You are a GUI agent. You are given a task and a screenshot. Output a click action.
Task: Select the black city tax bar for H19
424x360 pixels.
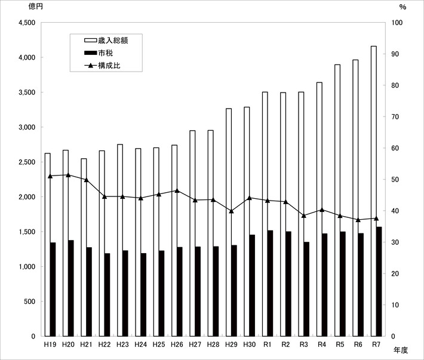click(53, 290)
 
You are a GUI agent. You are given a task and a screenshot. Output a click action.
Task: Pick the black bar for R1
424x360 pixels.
click(270, 284)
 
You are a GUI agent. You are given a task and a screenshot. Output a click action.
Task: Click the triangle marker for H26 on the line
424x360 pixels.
click(177, 190)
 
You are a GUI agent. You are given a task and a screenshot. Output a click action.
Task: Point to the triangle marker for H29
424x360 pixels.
click(231, 211)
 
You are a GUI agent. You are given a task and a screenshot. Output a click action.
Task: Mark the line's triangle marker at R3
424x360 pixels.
click(303, 216)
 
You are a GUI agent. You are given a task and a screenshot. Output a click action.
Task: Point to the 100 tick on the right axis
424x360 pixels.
click(396, 23)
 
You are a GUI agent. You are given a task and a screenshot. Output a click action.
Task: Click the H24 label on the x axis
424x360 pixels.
click(140, 344)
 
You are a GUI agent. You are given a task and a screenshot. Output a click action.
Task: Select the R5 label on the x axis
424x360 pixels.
click(340, 344)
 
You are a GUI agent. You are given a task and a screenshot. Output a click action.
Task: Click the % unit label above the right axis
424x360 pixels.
click(403, 7)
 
